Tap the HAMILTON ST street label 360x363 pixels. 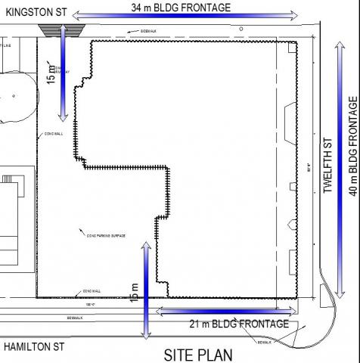coord(34,348)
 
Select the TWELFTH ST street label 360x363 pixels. coord(328,165)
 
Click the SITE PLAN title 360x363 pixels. coord(200,354)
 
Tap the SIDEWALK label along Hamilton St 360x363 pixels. coord(73,318)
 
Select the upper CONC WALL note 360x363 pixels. coord(54,133)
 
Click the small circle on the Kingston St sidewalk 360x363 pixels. coord(241,28)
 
